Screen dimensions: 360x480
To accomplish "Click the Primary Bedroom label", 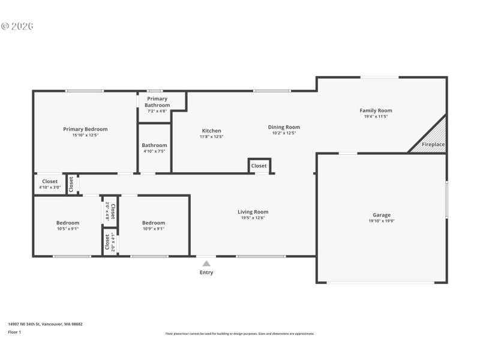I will tap(85, 129).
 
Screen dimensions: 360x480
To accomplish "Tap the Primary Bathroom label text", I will tap(157, 102).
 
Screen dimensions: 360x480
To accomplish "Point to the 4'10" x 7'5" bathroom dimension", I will tap(154, 151).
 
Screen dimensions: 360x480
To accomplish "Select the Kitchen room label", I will tap(211, 131).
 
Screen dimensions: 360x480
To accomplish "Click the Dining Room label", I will tap(284, 127).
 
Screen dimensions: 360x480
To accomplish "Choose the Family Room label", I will tap(376, 110).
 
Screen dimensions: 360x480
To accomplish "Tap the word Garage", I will tap(382, 215).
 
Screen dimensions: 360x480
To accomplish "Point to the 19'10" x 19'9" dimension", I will tap(382, 221).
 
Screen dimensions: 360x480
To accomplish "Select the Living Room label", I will tap(253, 212).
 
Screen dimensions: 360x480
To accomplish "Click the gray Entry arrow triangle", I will tap(206, 263).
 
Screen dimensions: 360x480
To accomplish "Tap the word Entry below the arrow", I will tap(206, 272).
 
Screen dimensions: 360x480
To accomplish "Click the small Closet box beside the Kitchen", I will tap(259, 166).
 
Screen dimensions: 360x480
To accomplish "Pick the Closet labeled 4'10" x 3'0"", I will tap(50, 184).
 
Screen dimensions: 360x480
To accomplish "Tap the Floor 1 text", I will tap(14, 332).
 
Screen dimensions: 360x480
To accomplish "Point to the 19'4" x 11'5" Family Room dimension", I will tap(376, 116).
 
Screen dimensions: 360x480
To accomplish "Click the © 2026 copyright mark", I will tap(17, 26).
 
